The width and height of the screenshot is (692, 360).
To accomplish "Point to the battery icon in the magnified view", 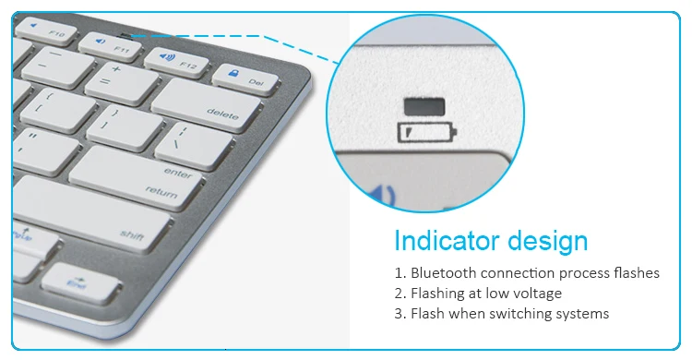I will point(426,133).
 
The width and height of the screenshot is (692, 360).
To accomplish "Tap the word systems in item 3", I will point(577,314).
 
